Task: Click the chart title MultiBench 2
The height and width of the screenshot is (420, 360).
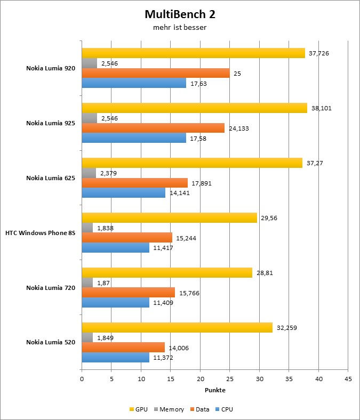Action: coord(179,14)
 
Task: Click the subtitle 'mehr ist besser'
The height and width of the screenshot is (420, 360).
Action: coord(179,27)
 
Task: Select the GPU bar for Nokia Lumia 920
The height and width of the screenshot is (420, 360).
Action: coord(193,53)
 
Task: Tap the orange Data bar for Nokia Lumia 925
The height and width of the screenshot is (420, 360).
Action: coord(153,128)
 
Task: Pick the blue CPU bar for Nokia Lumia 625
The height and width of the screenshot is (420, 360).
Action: coord(123,193)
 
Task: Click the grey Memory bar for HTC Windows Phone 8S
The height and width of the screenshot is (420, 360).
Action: coord(87,228)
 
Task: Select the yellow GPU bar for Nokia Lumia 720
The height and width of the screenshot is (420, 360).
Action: coord(167,272)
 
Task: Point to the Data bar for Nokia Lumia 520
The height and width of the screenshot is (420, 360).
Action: coord(123,348)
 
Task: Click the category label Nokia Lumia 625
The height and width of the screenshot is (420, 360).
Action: coord(51,178)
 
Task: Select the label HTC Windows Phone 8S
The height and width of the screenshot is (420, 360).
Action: coord(40,233)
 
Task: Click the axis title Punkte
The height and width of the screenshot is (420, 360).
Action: coord(215,390)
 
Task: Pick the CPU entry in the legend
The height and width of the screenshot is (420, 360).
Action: coord(224,409)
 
